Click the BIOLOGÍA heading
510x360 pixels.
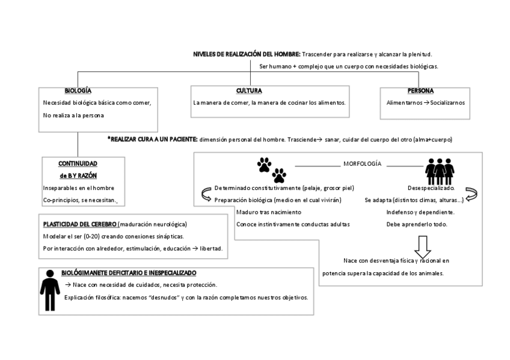78,90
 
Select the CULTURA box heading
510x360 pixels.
248,91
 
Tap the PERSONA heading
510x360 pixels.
420,91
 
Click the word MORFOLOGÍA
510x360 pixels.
362,163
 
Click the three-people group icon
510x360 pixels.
438,171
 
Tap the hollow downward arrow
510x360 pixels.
423,245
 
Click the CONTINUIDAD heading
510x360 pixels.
78,163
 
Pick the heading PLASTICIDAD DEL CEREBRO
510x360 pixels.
80,224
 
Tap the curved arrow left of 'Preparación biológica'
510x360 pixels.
206,194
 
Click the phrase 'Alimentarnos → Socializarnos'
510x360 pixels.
426,102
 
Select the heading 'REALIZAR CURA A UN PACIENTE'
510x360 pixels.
153,139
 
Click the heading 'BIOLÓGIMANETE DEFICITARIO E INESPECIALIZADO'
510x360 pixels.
129,272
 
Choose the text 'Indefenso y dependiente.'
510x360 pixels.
420,212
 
